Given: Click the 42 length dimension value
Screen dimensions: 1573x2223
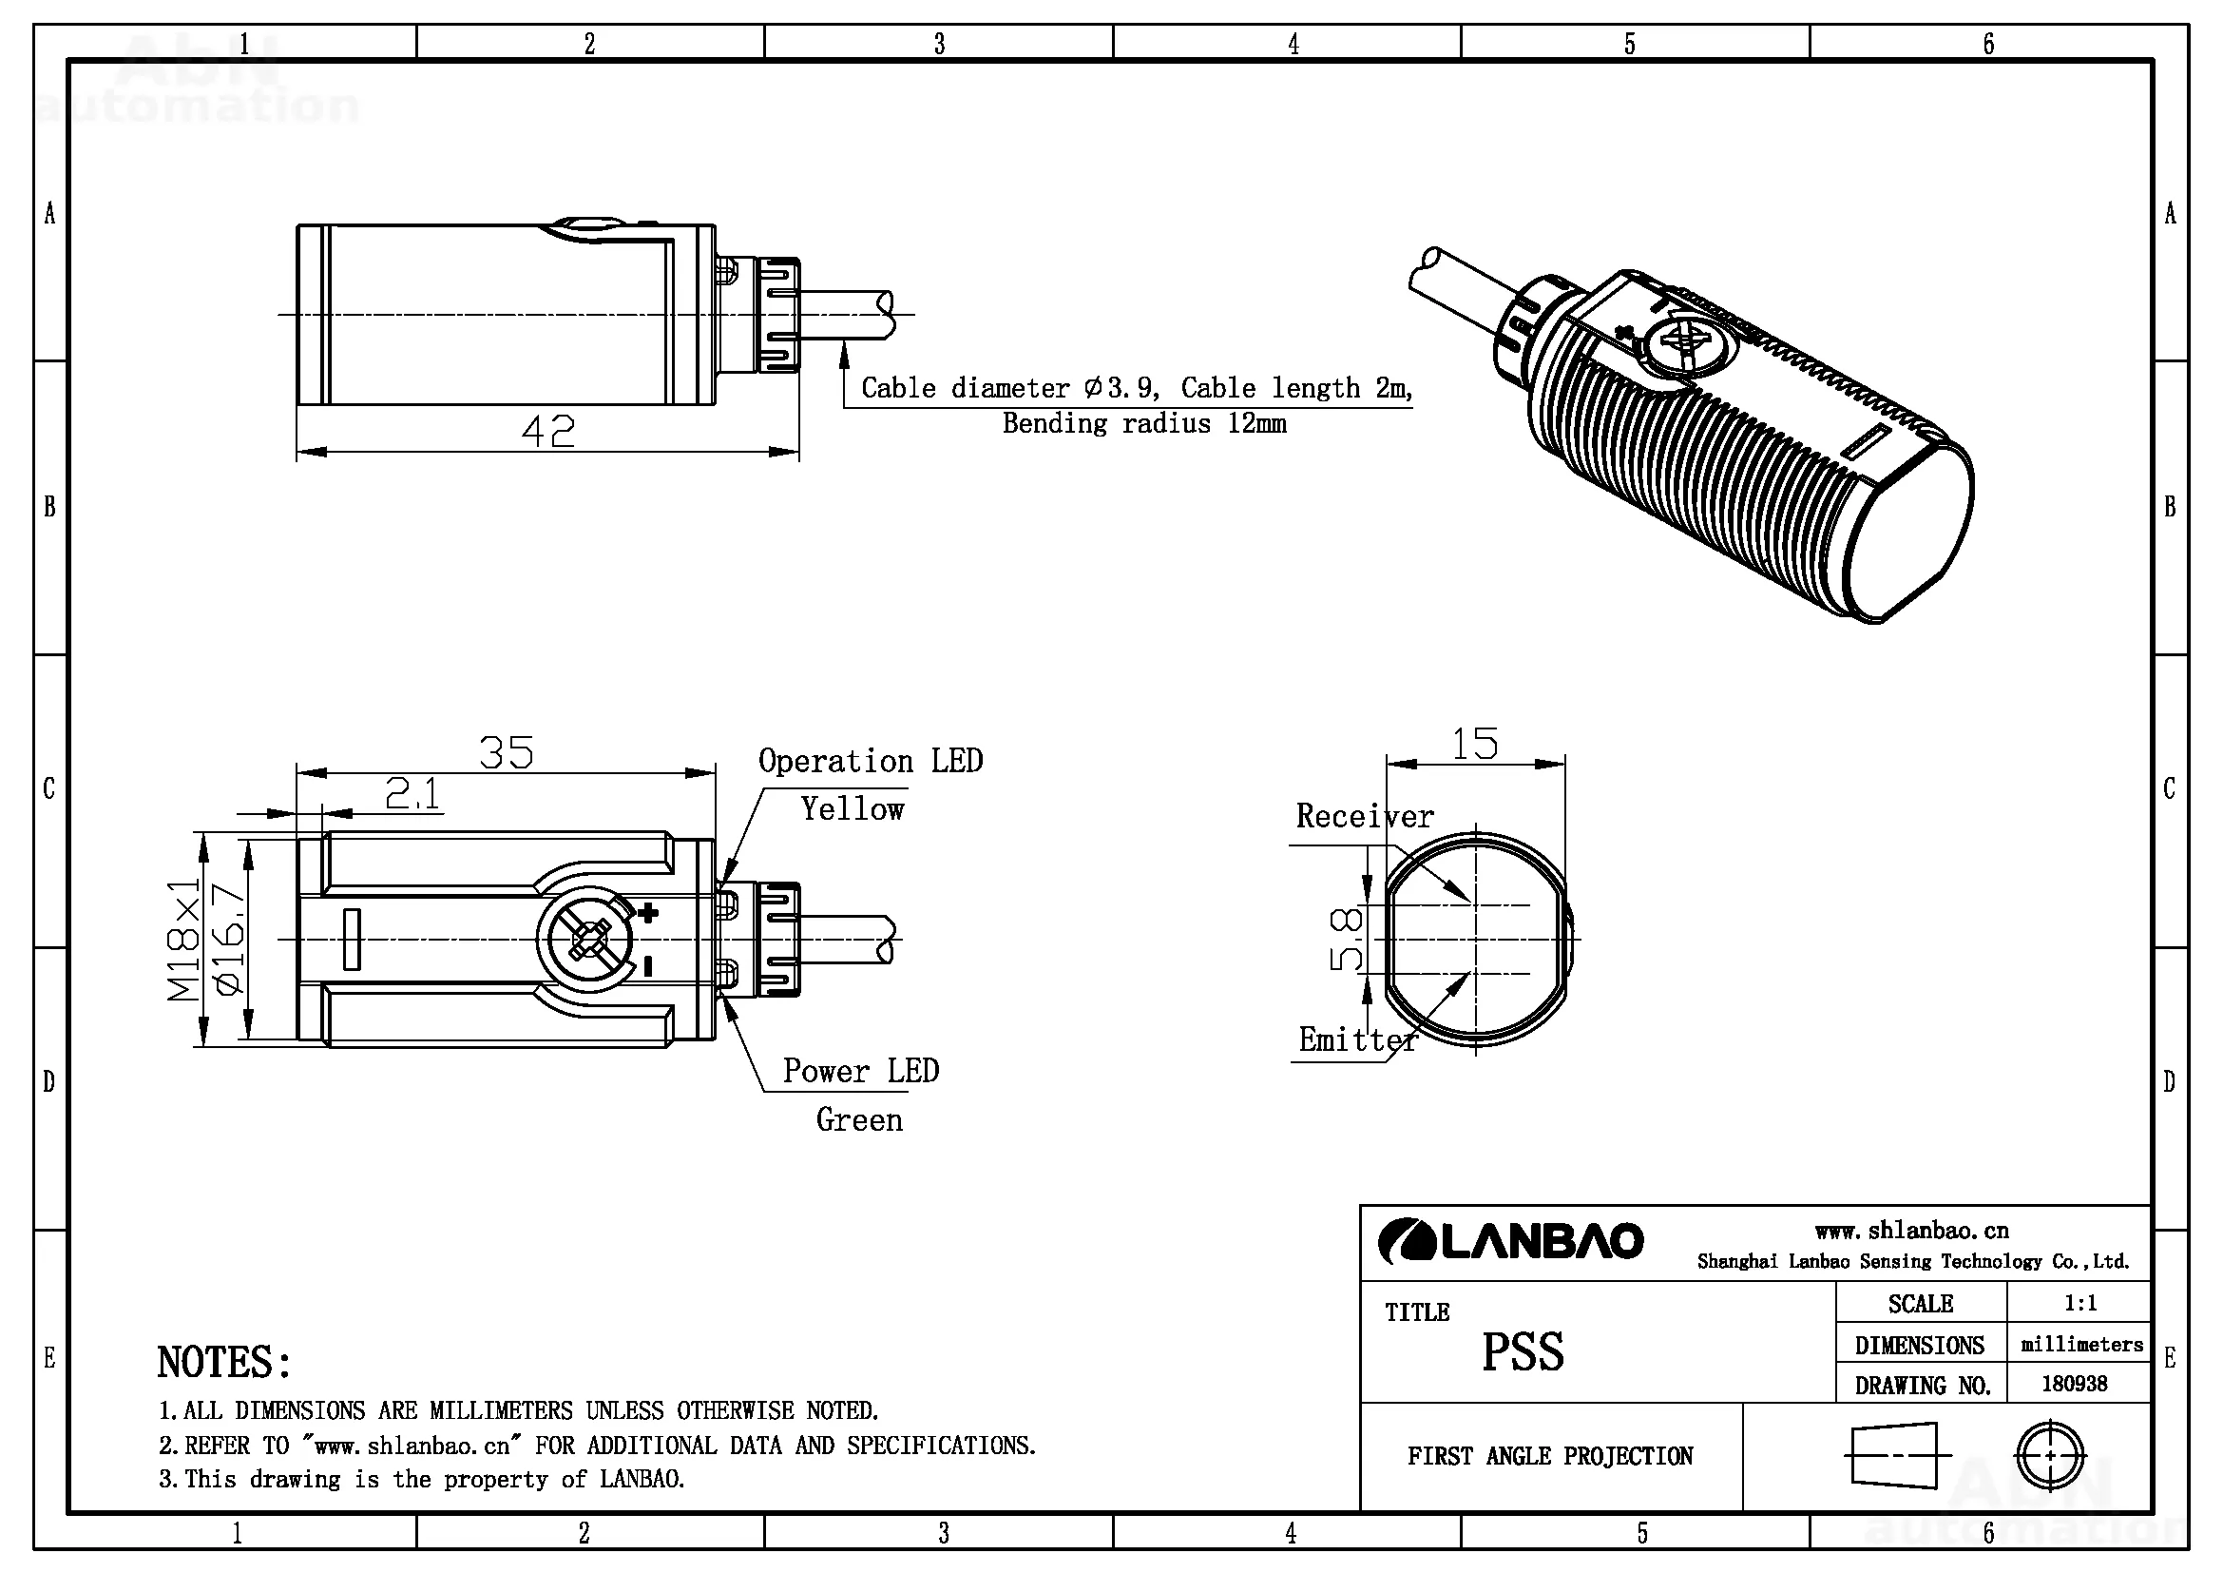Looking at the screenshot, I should click(x=548, y=431).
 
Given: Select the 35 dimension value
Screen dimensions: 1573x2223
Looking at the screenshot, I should click(x=506, y=752).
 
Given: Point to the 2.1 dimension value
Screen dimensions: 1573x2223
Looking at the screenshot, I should click(x=412, y=794).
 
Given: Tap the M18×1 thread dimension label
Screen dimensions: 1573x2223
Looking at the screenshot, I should click(x=183, y=939).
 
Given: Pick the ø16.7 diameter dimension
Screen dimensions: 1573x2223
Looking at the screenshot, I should click(x=229, y=939).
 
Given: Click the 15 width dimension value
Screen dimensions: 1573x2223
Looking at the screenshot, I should click(x=1475, y=744).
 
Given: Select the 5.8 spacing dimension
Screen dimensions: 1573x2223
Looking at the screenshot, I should click(x=1347, y=939).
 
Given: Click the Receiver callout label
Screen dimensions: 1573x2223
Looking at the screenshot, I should click(x=1364, y=817).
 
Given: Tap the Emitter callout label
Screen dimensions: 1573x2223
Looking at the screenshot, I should click(x=1357, y=1040).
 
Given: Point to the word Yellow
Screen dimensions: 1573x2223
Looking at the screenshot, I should click(x=852, y=808).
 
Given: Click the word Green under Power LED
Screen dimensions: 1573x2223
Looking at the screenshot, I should click(x=859, y=1119).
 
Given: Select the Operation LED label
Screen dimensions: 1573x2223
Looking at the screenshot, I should click(x=870, y=762).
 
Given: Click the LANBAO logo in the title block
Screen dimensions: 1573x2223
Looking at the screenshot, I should click(x=1510, y=1242).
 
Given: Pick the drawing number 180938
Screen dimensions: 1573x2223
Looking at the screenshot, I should click(x=2074, y=1383).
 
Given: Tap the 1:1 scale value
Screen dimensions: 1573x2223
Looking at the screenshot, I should click(x=2079, y=1303).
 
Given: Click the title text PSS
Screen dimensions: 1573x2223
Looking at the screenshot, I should click(x=1522, y=1352).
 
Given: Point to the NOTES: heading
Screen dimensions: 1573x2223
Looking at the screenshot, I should click(x=223, y=1363).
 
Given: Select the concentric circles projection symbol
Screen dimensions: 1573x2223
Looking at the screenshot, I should click(x=2050, y=1455).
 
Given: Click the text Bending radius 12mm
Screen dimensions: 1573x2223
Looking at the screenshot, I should click(x=1143, y=423).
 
